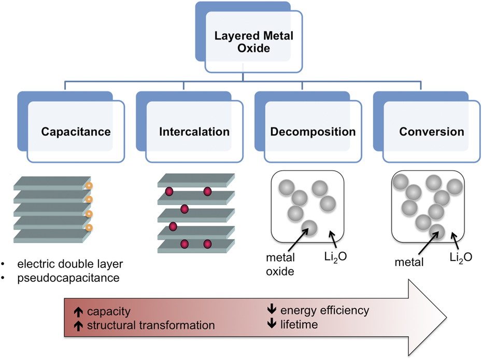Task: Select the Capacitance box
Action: click(x=76, y=131)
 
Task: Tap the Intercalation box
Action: click(x=194, y=131)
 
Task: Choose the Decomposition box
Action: click(x=313, y=131)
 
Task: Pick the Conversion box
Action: click(x=431, y=131)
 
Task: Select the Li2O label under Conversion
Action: click(x=458, y=257)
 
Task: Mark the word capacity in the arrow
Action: click(x=108, y=312)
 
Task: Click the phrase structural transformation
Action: click(x=151, y=326)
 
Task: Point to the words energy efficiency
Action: click(x=324, y=311)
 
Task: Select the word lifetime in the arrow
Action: click(x=299, y=324)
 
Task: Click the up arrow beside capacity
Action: click(x=78, y=312)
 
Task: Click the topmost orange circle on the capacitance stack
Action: click(x=89, y=185)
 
